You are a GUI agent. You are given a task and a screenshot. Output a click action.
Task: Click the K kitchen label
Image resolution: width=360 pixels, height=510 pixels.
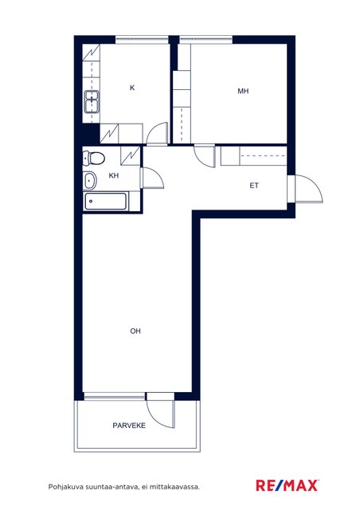pyautogui.click(x=132, y=88)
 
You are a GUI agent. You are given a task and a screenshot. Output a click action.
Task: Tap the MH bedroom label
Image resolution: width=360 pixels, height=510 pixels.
pyautogui.click(x=243, y=91)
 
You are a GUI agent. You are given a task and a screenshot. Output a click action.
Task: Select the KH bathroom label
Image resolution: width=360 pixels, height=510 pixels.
pyautogui.click(x=114, y=175)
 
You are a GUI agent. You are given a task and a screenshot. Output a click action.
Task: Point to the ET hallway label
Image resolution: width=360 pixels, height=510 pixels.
pyautogui.click(x=254, y=186)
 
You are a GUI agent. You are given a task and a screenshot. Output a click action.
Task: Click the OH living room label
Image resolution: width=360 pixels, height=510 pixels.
pyautogui.click(x=135, y=331)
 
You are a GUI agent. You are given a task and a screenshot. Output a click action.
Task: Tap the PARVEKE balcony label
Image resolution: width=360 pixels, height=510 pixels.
pyautogui.click(x=129, y=426)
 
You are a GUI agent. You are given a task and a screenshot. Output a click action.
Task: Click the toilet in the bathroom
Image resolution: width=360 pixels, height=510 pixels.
pyautogui.click(x=94, y=159)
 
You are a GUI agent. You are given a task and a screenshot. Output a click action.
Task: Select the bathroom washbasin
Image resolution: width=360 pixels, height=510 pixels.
pyautogui.click(x=90, y=181)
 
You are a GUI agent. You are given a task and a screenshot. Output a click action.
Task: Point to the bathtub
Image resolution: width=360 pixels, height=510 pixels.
pyautogui.click(x=106, y=202)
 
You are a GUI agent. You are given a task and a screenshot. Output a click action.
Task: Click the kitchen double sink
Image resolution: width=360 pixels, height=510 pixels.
pyautogui.click(x=92, y=101)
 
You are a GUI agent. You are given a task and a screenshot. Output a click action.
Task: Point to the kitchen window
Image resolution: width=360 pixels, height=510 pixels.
pyautogui.click(x=142, y=40)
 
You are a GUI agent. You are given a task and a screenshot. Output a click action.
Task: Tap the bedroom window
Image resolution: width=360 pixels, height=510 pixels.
pyautogui.click(x=205, y=40)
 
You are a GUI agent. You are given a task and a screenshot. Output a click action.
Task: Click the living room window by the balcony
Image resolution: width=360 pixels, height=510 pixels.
pyautogui.click(x=115, y=396)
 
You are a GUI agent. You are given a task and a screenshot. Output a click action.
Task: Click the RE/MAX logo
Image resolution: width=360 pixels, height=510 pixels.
pyautogui.click(x=288, y=485)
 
